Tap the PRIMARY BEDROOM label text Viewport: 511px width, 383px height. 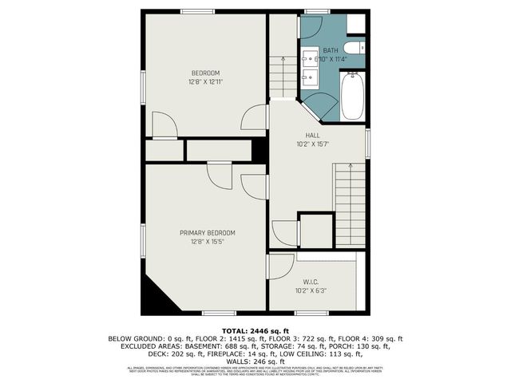pos(200,233)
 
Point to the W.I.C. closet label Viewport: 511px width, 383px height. pos(311,282)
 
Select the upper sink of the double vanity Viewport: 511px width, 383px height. pos(310,58)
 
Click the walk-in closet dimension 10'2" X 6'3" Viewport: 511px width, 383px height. pos(311,290)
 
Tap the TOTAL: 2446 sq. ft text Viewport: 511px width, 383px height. pos(255,330)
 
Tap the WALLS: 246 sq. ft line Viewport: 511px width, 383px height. pos(255,361)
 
